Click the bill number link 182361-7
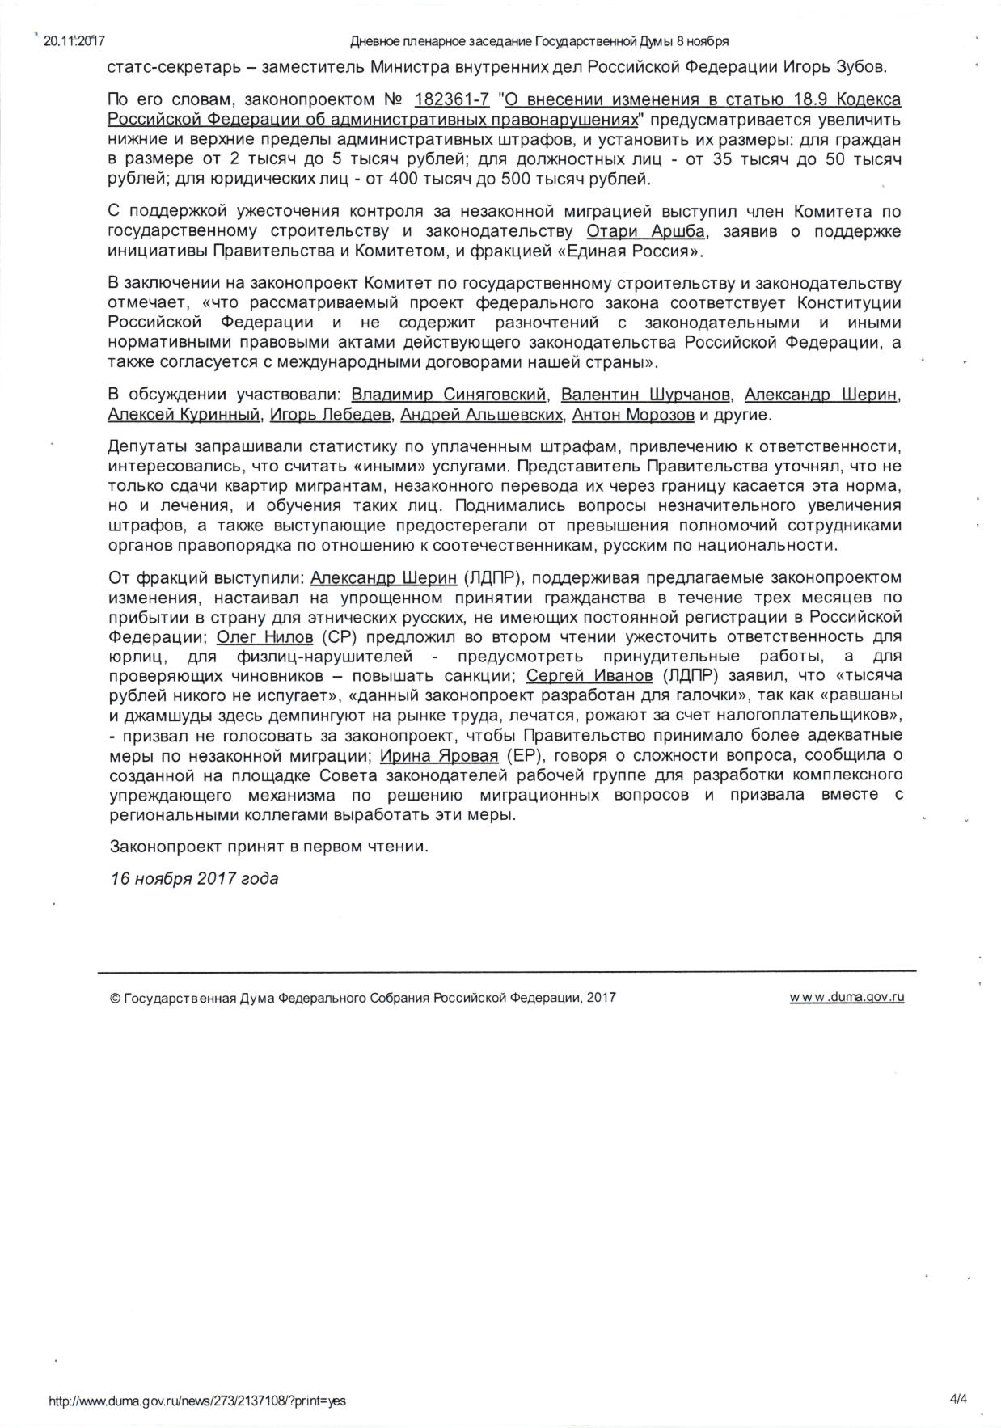pyautogui.click(x=452, y=100)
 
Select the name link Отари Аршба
pyautogui.click(x=645, y=232)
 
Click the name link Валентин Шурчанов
pyautogui.click(x=647, y=395)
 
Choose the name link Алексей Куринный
pyautogui.click(x=184, y=416)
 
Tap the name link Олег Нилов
pyautogui.click(x=265, y=637)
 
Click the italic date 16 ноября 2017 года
pyautogui.click(x=194, y=878)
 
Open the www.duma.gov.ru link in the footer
pyautogui.click(x=847, y=997)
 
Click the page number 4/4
pyautogui.click(x=960, y=1401)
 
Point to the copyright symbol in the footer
pyautogui.click(x=114, y=998)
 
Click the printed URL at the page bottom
pyautogui.click(x=198, y=1401)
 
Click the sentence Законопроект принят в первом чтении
pyautogui.click(x=268, y=847)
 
